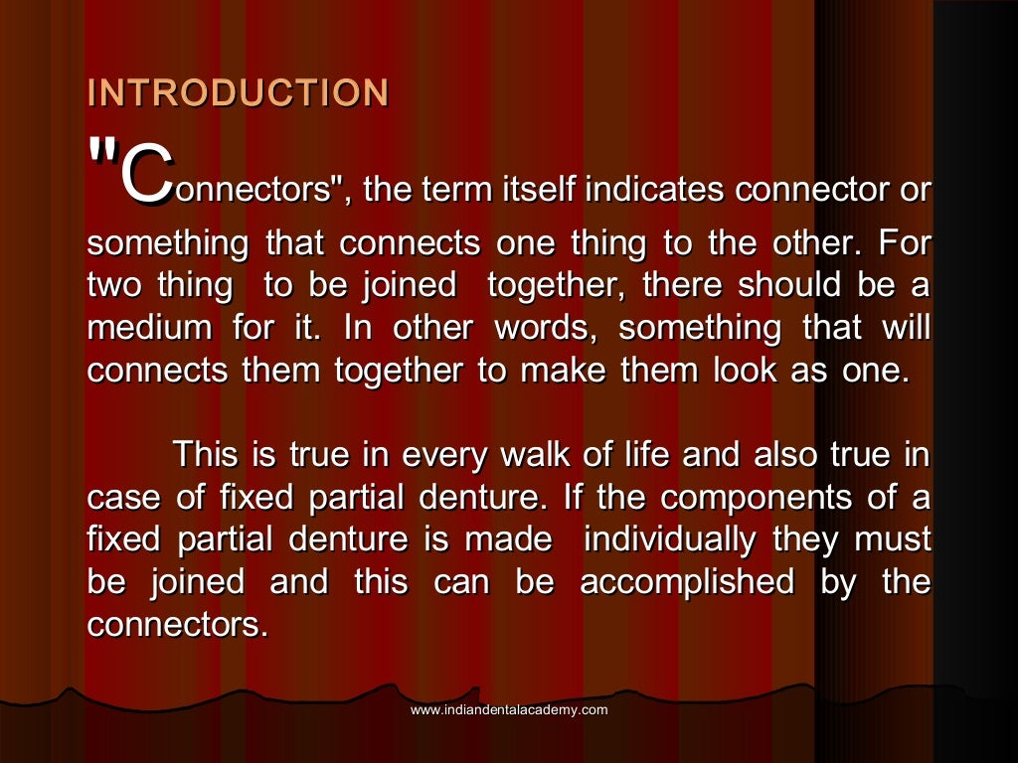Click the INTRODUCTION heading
238,92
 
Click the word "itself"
544,189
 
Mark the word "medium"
149,328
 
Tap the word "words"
544,328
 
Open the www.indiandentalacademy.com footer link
509,709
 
